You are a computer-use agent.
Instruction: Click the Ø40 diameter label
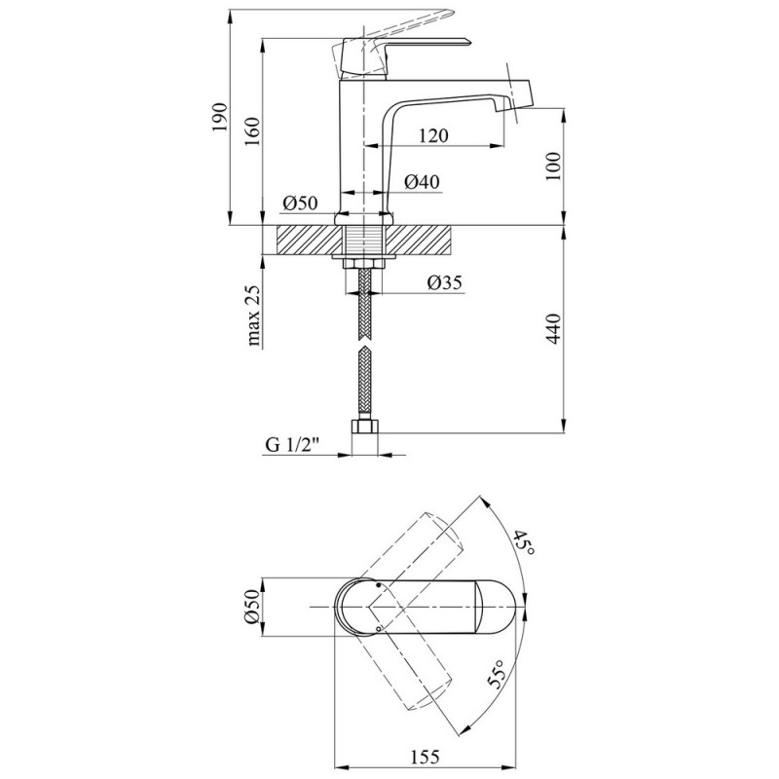click(x=422, y=181)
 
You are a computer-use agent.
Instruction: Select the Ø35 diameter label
click(x=443, y=283)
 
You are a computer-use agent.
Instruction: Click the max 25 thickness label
click(x=256, y=316)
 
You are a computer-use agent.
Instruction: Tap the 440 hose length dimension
click(x=554, y=333)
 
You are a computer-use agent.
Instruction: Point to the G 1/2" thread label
click(x=292, y=445)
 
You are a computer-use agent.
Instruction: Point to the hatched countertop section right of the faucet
click(x=428, y=237)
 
